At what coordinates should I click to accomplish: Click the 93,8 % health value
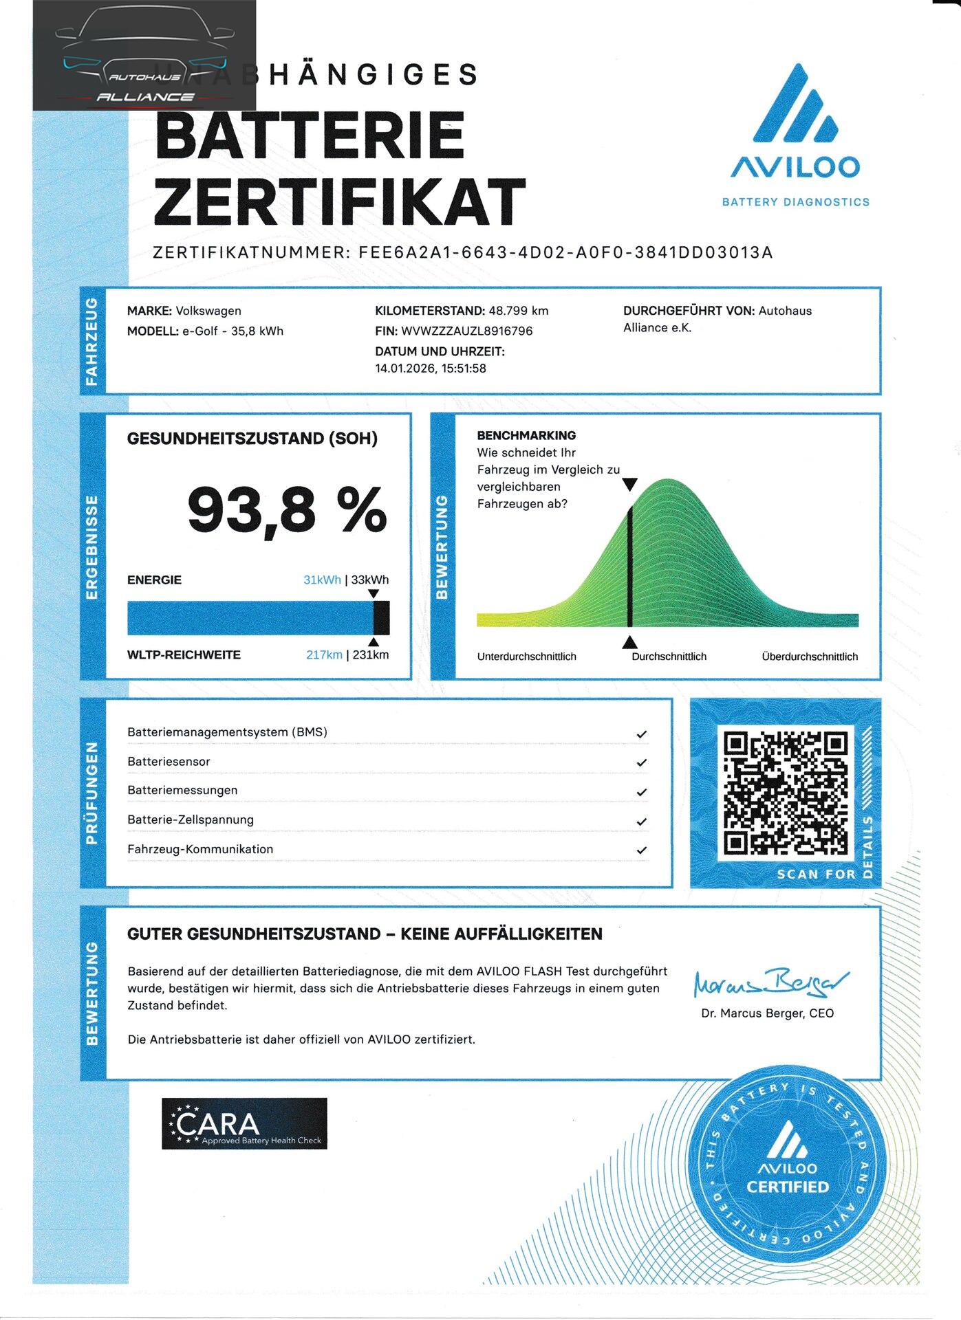pyautogui.click(x=287, y=509)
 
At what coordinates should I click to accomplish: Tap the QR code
pyautogui.click(x=785, y=793)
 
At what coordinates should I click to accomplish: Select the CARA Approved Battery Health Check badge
pyautogui.click(x=244, y=1124)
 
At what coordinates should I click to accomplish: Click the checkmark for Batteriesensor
pyautogui.click(x=641, y=762)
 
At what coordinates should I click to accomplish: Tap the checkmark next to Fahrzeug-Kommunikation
pyautogui.click(x=641, y=850)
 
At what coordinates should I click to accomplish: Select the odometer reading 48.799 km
pyautogui.click(x=519, y=311)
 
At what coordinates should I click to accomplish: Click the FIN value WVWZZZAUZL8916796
pyautogui.click(x=467, y=331)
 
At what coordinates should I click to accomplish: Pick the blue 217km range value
pyautogui.click(x=324, y=655)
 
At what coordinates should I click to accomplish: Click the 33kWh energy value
pyautogui.click(x=370, y=580)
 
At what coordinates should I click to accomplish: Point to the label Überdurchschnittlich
pyautogui.click(x=810, y=657)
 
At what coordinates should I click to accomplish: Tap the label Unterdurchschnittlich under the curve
pyautogui.click(x=526, y=657)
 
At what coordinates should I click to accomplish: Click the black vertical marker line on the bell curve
pyautogui.click(x=629, y=564)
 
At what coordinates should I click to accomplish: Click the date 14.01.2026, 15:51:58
pyautogui.click(x=431, y=368)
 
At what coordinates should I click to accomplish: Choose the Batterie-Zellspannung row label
pyautogui.click(x=191, y=819)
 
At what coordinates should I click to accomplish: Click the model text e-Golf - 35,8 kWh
pyautogui.click(x=233, y=331)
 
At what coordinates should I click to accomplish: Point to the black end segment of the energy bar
pyautogui.click(x=381, y=617)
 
